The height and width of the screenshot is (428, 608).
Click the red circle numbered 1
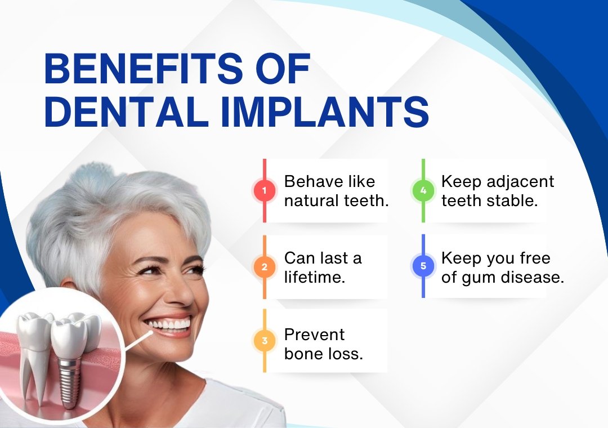tap(265, 190)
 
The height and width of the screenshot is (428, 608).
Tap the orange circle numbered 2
tap(265, 267)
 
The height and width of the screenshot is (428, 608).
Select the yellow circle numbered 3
tap(265, 341)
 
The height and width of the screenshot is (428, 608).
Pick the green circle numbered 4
tap(423, 190)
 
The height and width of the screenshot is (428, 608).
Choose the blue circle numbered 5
tap(423, 266)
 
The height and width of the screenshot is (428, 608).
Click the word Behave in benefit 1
tap(314, 181)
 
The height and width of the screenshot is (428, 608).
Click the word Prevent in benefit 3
tap(314, 335)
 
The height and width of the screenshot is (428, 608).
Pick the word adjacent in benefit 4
tap(520, 182)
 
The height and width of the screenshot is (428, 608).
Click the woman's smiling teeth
tap(169, 324)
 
